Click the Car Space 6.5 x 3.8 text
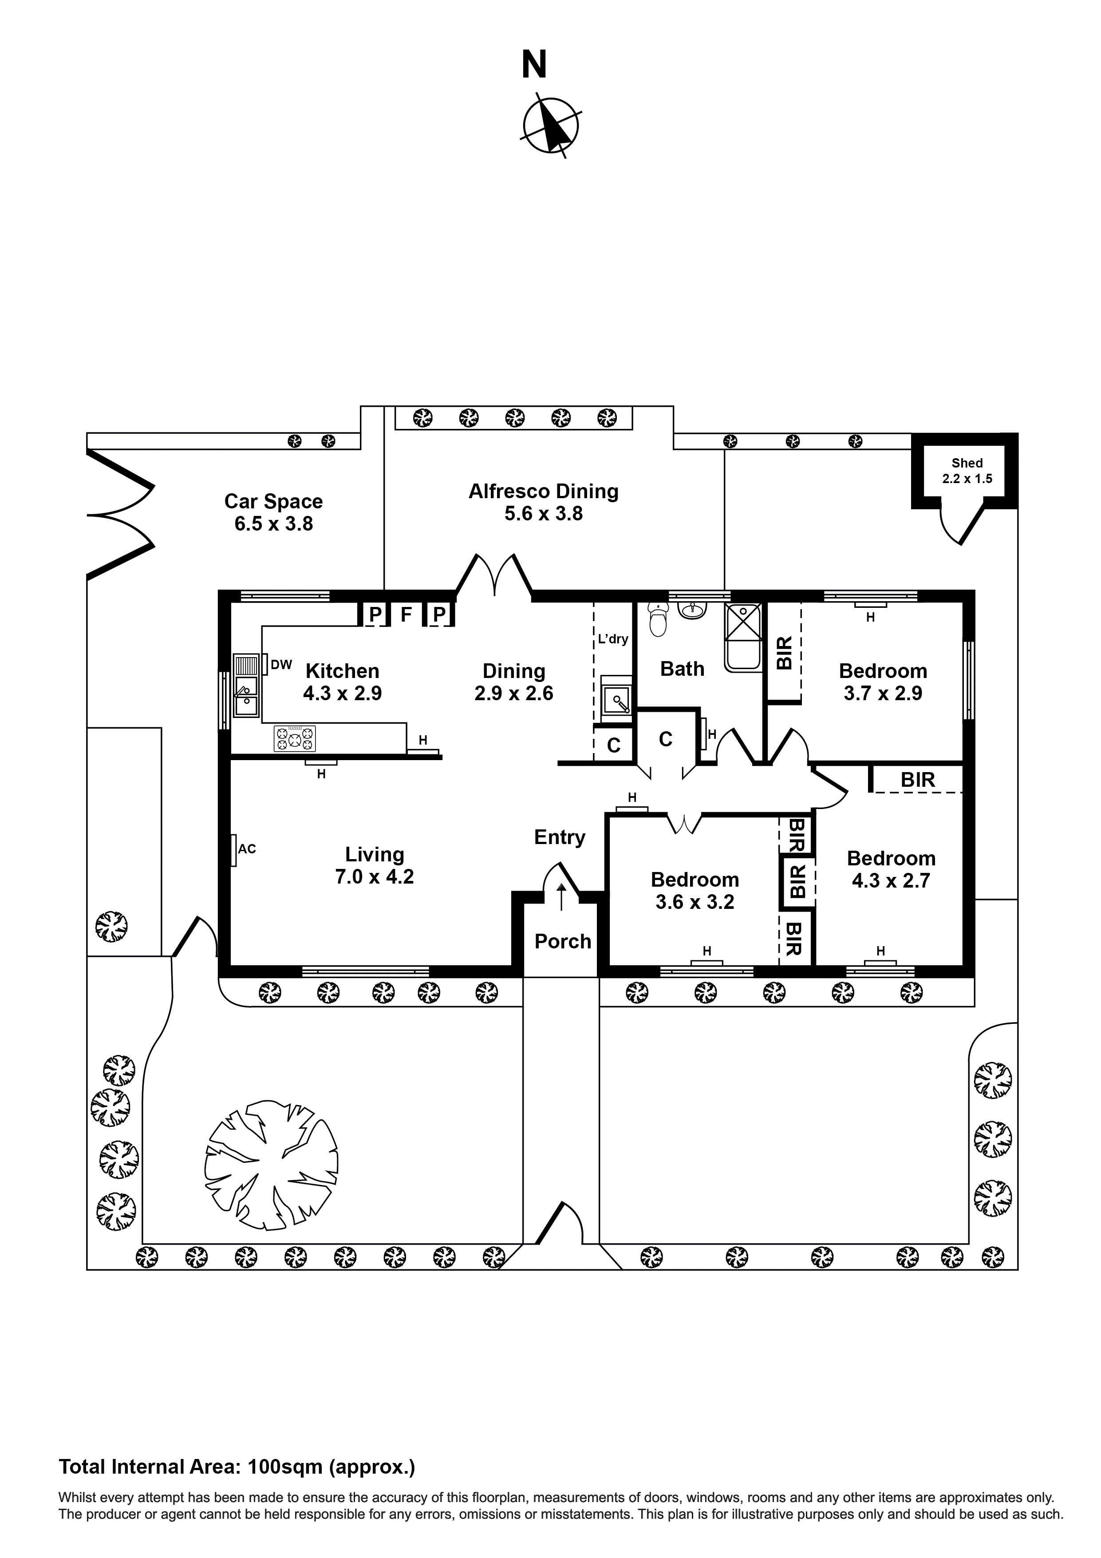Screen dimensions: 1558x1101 click(273, 512)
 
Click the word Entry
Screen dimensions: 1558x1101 click(560, 836)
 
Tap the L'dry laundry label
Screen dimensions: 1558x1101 click(612, 638)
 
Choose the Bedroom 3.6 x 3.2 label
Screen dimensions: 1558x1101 click(695, 890)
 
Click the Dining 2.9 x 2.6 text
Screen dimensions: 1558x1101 click(513, 682)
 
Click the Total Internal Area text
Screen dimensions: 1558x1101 click(237, 1467)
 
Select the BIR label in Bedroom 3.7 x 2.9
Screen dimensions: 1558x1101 click(784, 652)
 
